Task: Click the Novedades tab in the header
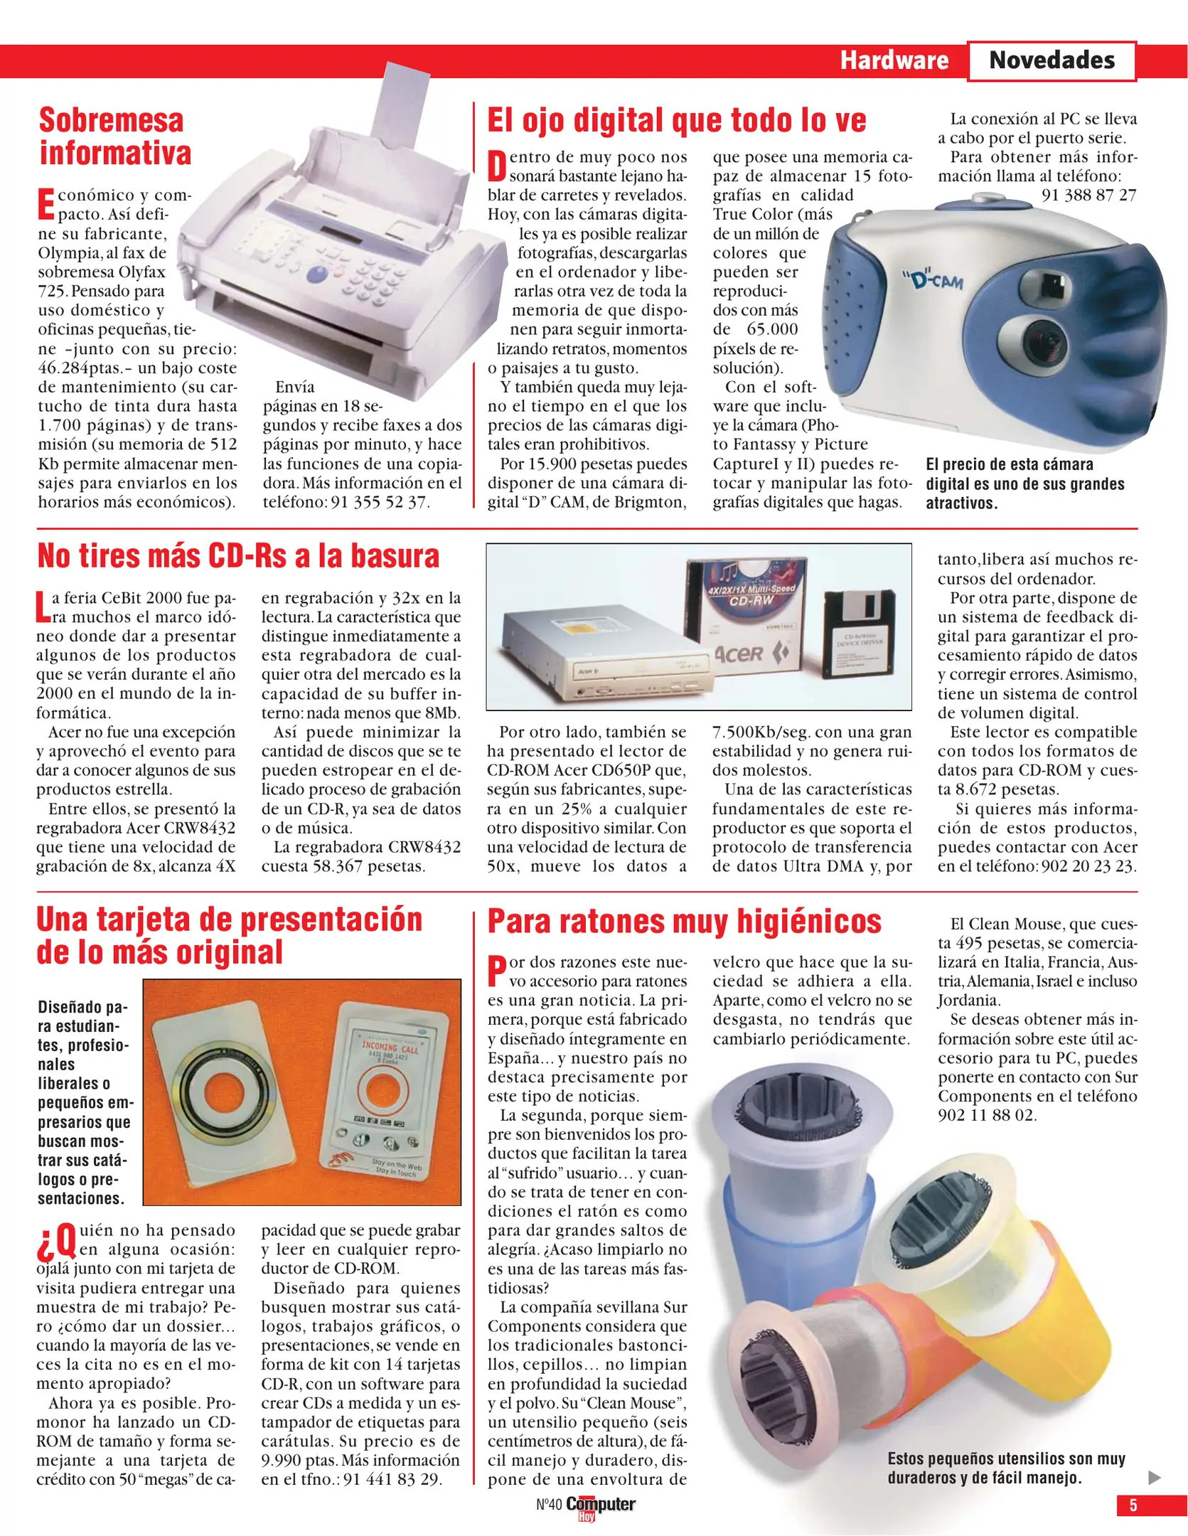1051,60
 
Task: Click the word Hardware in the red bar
894,60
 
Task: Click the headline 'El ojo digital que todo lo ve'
676,120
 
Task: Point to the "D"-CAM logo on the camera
937,280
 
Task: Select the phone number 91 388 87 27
1088,195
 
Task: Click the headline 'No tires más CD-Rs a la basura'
238,556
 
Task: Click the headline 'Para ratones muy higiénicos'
684,922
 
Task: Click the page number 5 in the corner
1133,1505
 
